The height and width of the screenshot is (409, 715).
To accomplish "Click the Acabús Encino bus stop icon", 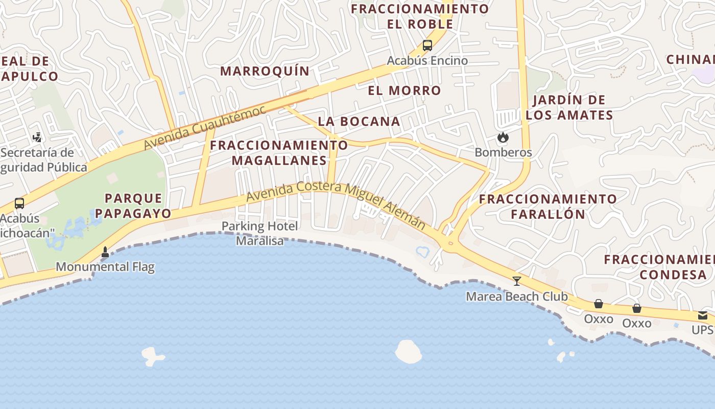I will point(427,46).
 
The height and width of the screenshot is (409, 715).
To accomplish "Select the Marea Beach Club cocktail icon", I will point(517,281).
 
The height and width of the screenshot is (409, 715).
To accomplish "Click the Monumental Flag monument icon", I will point(105,252).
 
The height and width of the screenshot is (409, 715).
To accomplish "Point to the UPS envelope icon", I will point(703,315).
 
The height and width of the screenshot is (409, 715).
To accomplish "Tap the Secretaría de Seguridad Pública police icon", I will point(37,137).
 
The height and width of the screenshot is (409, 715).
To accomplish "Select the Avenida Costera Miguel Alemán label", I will point(336,204).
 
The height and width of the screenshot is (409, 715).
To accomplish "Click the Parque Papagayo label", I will point(134,206).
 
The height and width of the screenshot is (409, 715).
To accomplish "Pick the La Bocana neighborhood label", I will point(359,121).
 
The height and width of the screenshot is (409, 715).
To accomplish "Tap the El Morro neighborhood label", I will point(404,90).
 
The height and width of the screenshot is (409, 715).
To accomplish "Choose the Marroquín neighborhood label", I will point(265,71).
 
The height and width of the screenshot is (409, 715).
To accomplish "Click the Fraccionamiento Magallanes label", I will point(279,152).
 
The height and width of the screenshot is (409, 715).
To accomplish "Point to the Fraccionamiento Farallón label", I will point(548,206).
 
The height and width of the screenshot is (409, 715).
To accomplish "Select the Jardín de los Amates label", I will point(569,107).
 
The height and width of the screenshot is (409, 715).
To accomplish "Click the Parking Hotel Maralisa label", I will point(260,233).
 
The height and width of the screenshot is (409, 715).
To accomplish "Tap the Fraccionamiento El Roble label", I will point(420,16).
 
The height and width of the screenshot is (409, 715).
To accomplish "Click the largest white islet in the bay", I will point(408,351).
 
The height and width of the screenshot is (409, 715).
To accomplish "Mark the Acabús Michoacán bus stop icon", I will point(19,203).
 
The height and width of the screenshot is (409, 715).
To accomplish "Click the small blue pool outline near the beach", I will point(423,251).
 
